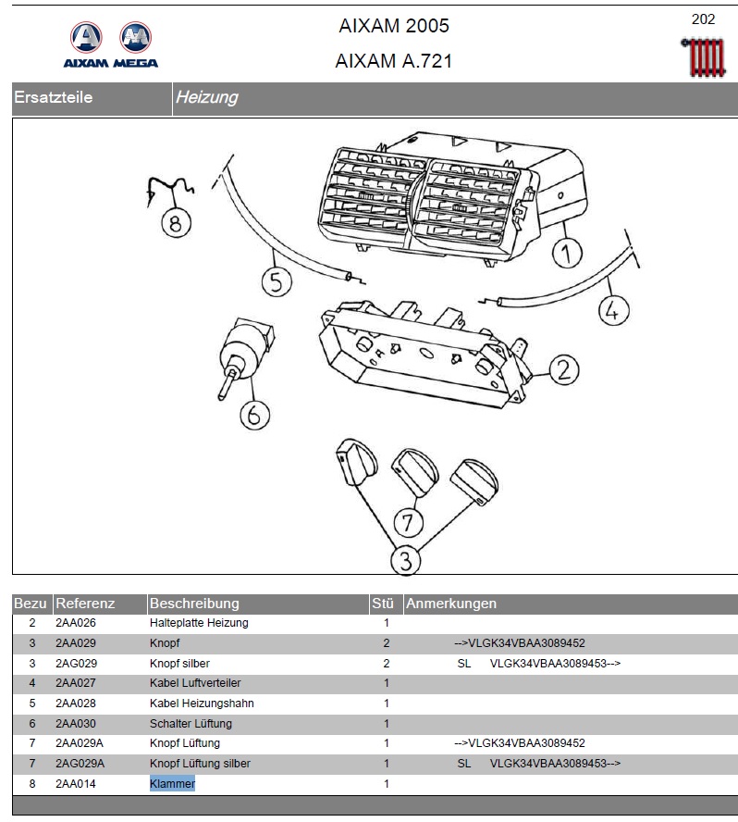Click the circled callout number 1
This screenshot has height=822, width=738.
[566, 252]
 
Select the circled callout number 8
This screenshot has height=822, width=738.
[174, 222]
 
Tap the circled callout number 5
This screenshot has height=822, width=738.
[276, 280]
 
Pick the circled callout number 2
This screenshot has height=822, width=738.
[563, 371]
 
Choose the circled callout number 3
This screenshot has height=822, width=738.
[405, 559]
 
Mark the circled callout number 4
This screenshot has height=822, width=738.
[610, 311]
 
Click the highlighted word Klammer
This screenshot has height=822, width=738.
[172, 784]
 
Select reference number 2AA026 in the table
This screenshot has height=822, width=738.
[76, 623]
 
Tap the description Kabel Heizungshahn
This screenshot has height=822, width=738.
[202, 704]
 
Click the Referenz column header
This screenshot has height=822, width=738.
[85, 604]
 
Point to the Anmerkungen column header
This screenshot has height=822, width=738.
[451, 604]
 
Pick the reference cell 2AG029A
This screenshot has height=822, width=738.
[80, 764]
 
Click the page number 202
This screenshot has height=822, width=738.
[703, 19]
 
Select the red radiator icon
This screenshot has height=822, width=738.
[702, 57]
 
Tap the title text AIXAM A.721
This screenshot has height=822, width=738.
[394, 62]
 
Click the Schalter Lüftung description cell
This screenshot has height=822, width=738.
[191, 724]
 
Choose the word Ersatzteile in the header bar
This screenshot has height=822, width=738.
[53, 97]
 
